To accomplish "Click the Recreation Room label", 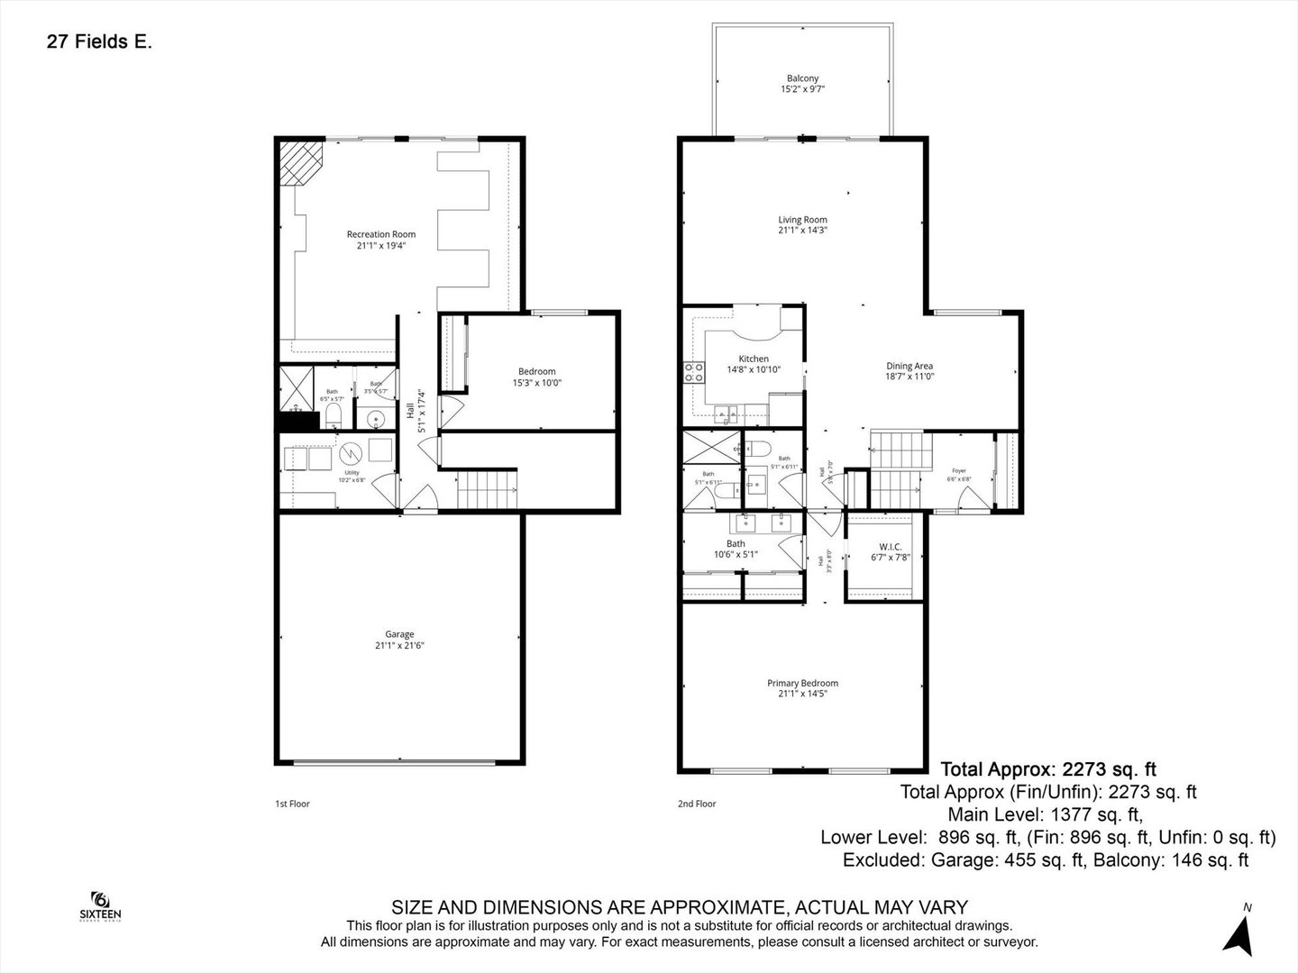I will pos(381,240).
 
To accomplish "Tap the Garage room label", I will pos(394,640).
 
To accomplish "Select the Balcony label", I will pos(802,84).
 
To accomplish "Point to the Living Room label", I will pos(802,224).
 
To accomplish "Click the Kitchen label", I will pos(754,364).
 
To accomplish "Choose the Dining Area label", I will pos(909,371).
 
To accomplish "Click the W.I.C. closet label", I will pos(891,552).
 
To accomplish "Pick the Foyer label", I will pos(958,475).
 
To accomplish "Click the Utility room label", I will pos(352,476).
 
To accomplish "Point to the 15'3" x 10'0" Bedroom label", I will pos(536,377).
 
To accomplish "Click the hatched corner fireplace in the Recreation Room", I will pos(300,162).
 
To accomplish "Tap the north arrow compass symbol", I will pos(1241,932).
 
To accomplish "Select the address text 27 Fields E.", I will pos(99,41).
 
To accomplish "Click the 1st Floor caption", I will pos(292,804).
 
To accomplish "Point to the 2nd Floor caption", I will pos(696,804).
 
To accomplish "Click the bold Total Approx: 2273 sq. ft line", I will pos(1048,769).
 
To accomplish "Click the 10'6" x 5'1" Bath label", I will pos(736,549).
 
